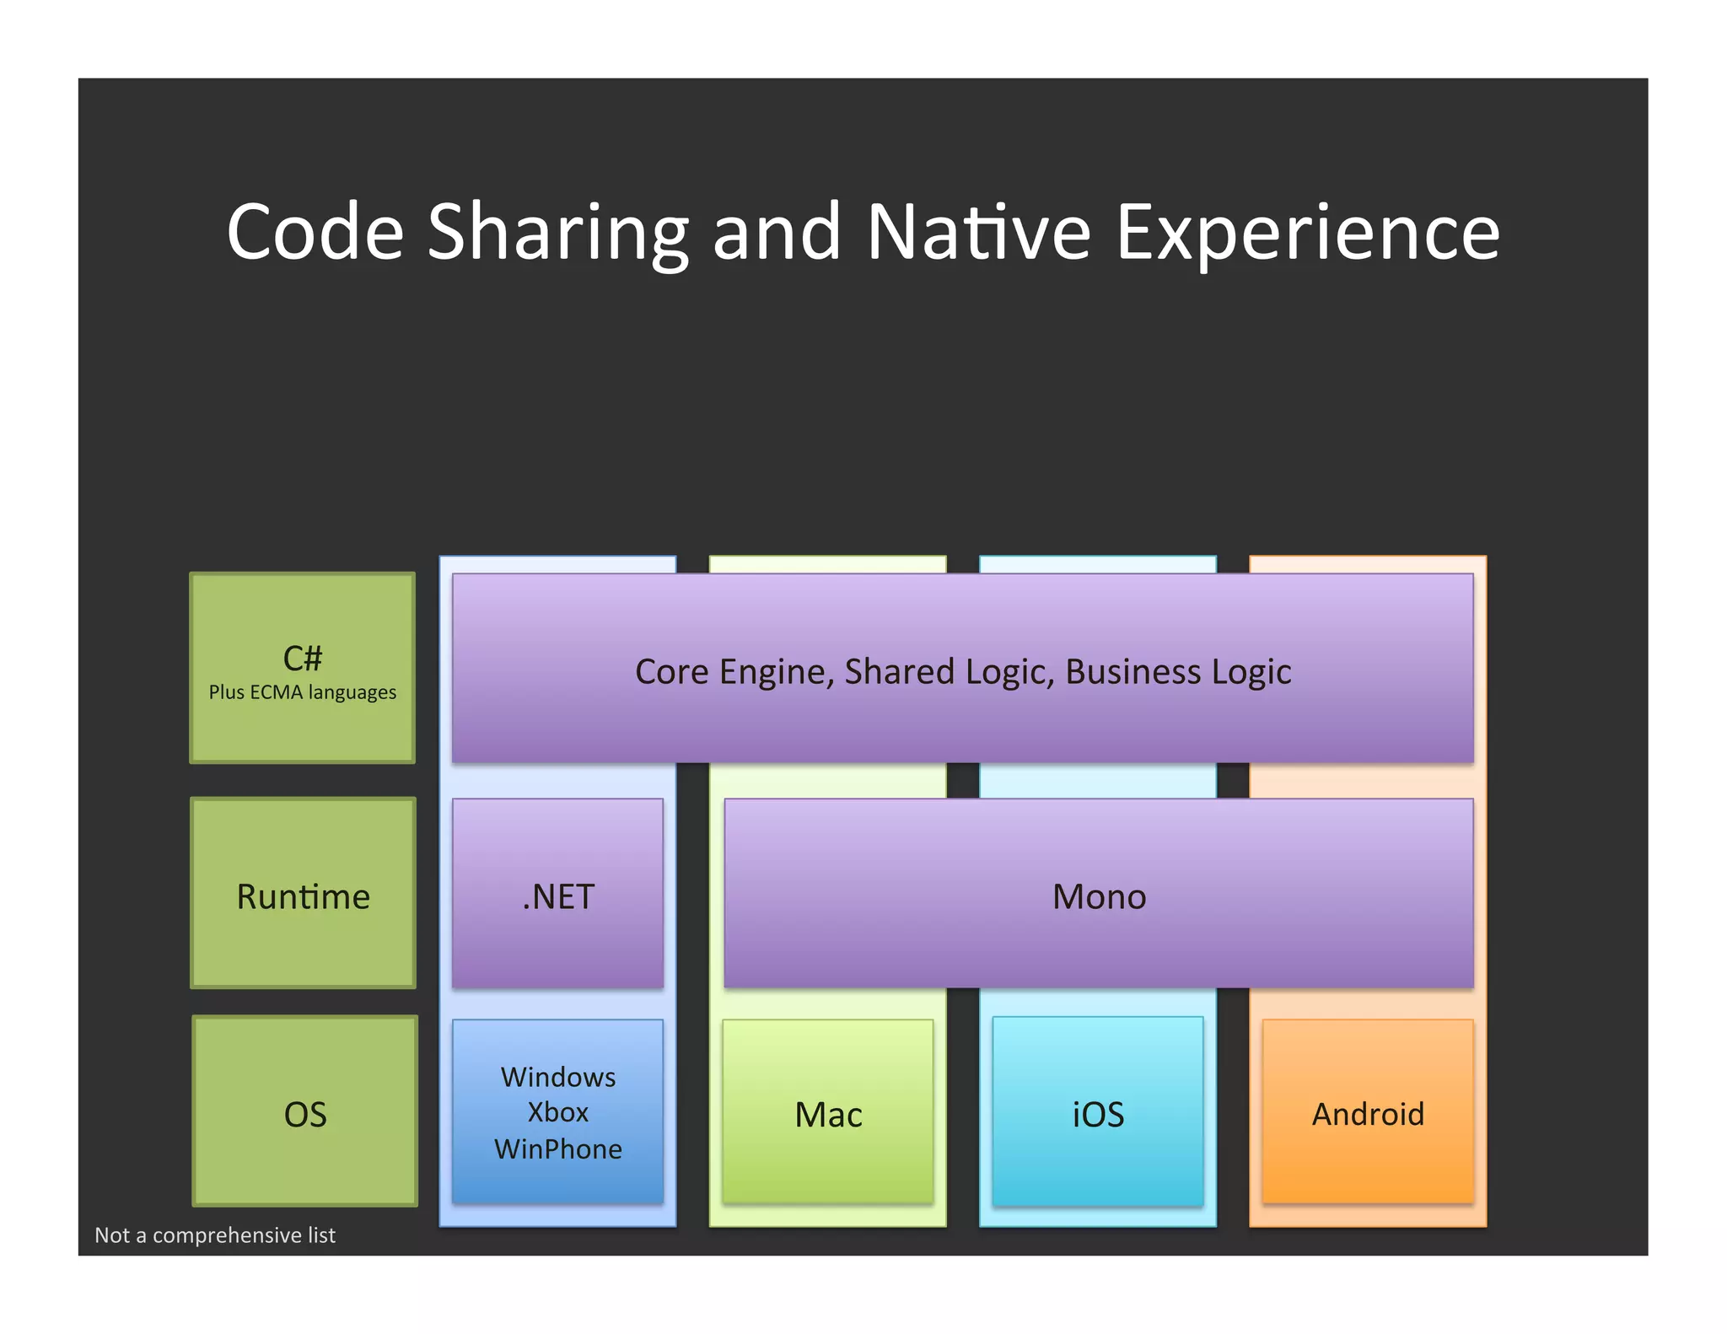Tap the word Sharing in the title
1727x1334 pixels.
coord(557,234)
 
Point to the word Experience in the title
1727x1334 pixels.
coord(1307,234)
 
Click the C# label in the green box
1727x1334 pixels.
coord(303,658)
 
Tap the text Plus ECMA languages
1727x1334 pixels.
coord(303,692)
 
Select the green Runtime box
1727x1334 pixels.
coord(304,894)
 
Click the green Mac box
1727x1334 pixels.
coord(828,1113)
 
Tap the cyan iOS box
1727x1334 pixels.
coord(1098,1113)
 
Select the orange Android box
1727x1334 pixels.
coord(1368,1113)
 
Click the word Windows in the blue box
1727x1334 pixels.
coord(558,1077)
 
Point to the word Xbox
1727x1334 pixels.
coord(558,1112)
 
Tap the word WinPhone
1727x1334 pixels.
coord(558,1149)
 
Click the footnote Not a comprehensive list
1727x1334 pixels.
coord(215,1235)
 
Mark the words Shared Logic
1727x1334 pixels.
coord(949,672)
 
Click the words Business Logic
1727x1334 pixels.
coord(1178,672)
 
